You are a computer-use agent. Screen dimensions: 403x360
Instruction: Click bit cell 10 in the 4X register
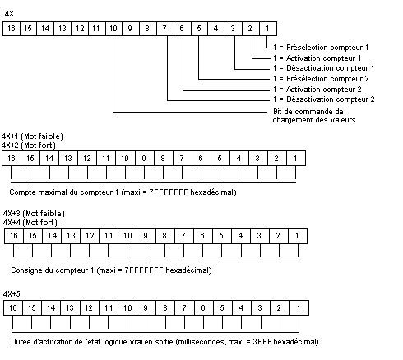pyautogui.click(x=113, y=29)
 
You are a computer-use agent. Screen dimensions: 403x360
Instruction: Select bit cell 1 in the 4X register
pyautogui.click(x=268, y=29)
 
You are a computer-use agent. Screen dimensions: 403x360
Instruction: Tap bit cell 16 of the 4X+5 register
pyautogui.click(x=13, y=308)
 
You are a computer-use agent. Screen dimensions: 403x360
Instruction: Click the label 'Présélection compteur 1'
pyautogui.click(x=327, y=48)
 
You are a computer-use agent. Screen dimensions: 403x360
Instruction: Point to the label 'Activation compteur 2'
pyautogui.click(x=324, y=90)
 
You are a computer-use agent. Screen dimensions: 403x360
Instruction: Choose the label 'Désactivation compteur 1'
pyautogui.click(x=331, y=68)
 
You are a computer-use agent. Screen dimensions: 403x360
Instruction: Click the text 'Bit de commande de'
pyautogui.click(x=308, y=112)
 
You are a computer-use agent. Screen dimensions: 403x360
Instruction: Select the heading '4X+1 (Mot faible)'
pyautogui.click(x=32, y=136)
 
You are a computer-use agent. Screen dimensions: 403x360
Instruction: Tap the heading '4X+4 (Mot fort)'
pyautogui.click(x=30, y=222)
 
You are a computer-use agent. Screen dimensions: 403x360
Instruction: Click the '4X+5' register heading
pyautogui.click(x=12, y=294)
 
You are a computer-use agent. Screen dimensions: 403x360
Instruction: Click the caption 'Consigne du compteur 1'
pyautogui.click(x=53, y=270)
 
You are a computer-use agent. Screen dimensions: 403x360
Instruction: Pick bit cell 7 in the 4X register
pyautogui.click(x=165, y=29)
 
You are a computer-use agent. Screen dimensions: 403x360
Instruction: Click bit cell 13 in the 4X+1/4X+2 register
pyautogui.click(x=68, y=159)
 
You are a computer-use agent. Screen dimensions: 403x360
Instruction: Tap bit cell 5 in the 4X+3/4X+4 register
pyautogui.click(x=221, y=236)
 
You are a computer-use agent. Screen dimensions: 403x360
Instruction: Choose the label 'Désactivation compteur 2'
pyautogui.click(x=331, y=99)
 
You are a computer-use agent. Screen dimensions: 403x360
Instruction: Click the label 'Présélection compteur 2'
pyautogui.click(x=327, y=79)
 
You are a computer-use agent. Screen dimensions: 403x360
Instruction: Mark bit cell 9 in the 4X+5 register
pyautogui.click(x=146, y=308)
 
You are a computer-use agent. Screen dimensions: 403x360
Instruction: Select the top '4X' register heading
pyautogui.click(x=9, y=14)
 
